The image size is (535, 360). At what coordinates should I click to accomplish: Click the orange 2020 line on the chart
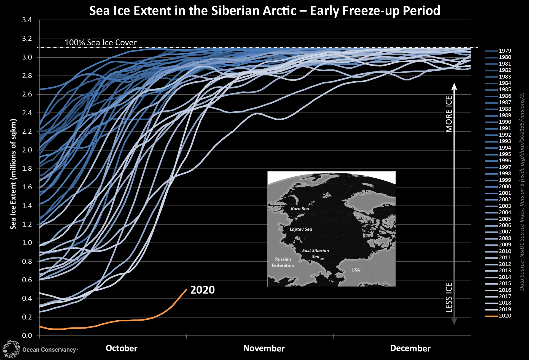point(124,321)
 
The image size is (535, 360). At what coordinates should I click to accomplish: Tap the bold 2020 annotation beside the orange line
point(202,290)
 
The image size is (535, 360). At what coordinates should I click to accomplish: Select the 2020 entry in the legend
point(504,316)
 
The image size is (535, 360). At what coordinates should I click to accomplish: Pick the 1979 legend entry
point(504,51)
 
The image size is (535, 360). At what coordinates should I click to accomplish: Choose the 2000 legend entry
point(504,187)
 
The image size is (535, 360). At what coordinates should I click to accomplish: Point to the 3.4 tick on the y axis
point(27,20)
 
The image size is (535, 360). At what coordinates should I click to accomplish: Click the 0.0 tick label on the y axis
point(27,335)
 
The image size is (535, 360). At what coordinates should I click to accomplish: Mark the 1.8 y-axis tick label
point(27,168)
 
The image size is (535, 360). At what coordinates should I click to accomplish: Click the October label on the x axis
point(121,348)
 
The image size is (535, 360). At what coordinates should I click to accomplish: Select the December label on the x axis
point(410,348)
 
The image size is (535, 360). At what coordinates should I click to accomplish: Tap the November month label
point(264,348)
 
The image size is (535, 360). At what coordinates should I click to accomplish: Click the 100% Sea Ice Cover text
point(101,42)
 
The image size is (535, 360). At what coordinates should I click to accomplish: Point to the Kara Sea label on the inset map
point(300,209)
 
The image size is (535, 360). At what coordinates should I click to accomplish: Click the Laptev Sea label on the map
point(301,229)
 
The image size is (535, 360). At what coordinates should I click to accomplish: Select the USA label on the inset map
point(356,270)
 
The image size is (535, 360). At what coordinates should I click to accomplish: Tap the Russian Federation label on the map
point(283,262)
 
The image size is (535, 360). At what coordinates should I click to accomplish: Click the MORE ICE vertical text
point(449,114)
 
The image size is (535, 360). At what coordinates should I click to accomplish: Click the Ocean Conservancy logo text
point(49,350)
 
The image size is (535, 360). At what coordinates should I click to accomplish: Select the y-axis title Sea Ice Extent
point(13,174)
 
